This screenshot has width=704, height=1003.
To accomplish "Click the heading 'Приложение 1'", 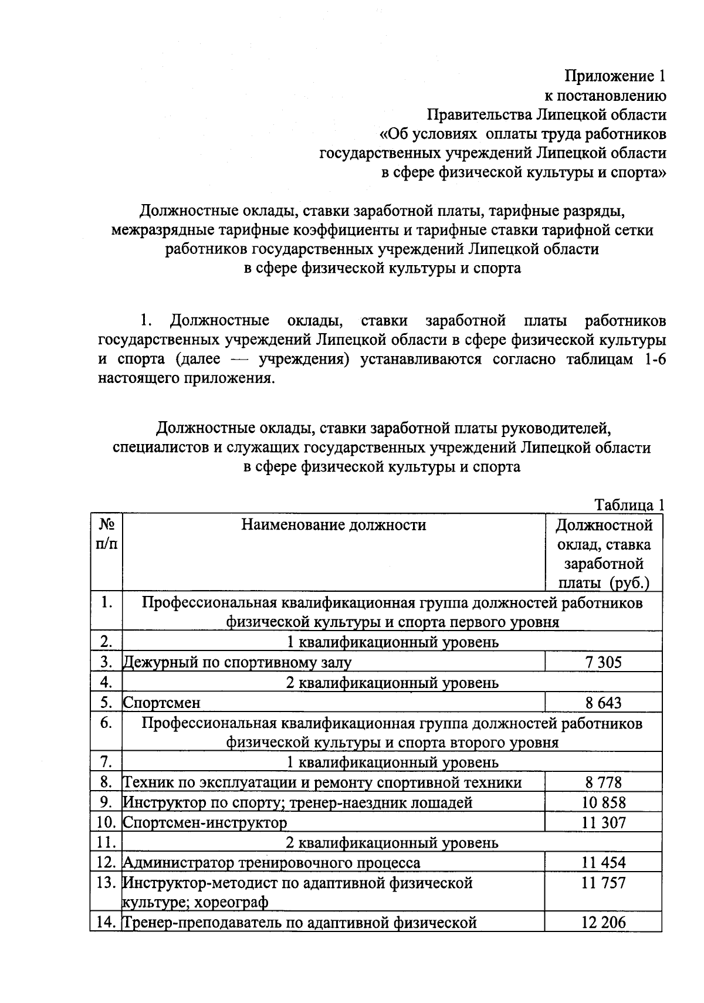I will tap(615, 76).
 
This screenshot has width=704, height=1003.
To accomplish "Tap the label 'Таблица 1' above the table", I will tap(629, 504).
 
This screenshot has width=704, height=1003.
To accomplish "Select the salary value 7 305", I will tap(603, 663).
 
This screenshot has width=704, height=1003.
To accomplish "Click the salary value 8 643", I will tap(603, 703).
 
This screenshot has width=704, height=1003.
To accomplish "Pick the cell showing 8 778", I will tap(603, 782).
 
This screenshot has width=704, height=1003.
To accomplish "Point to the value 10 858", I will tap(603, 802).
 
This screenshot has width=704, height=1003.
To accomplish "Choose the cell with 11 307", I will tap(603, 822).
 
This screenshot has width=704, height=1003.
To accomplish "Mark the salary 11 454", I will tap(603, 862).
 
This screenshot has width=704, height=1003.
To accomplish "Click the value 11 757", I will tap(603, 883).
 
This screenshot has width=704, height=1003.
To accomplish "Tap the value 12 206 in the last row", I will tap(603, 923).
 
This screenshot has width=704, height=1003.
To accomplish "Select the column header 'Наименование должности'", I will tap(333, 524).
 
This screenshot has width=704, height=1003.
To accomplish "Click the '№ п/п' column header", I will tap(106, 534).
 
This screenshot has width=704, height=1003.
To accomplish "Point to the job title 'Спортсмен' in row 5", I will tap(161, 703).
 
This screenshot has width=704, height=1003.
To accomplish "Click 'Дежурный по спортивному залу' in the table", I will tap(237, 663).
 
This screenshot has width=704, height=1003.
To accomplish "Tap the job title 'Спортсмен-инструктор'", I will tap(205, 822).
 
